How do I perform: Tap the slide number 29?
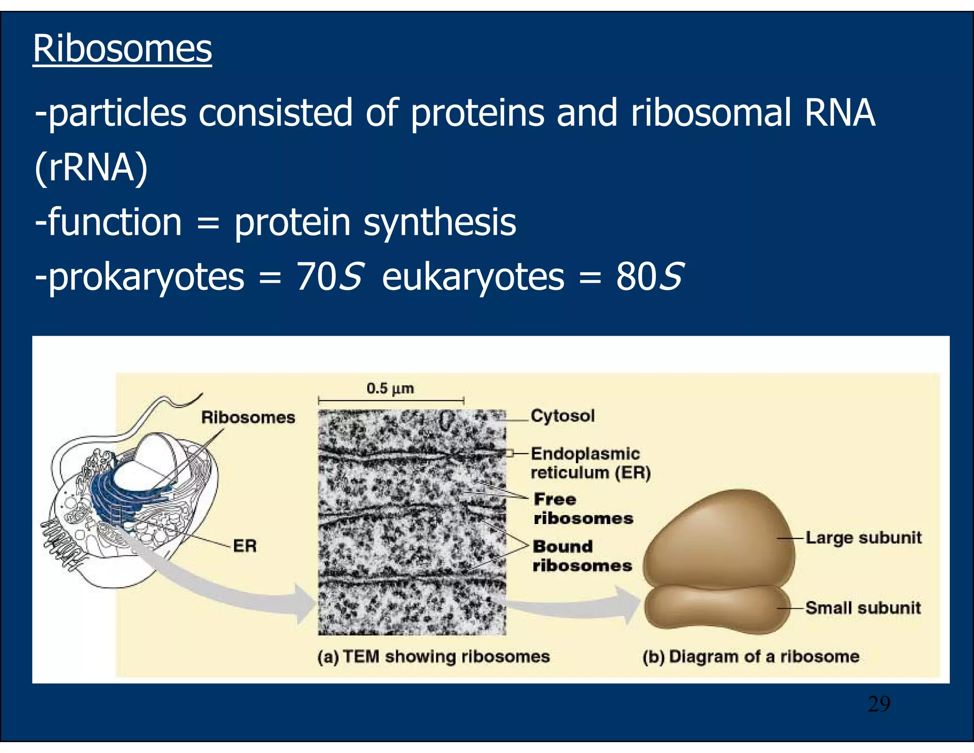(878, 704)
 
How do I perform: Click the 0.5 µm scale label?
(390, 388)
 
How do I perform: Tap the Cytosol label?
(563, 416)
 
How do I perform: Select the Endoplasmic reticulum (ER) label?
(590, 463)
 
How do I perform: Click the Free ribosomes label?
(583, 508)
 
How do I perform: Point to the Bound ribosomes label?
(582, 555)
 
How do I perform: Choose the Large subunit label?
(863, 538)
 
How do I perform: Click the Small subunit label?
(863, 608)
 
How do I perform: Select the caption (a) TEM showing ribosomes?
(433, 656)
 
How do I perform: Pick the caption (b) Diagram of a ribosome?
(750, 656)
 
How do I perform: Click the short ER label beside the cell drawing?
(244, 545)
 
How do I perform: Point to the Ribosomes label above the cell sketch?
(248, 417)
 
